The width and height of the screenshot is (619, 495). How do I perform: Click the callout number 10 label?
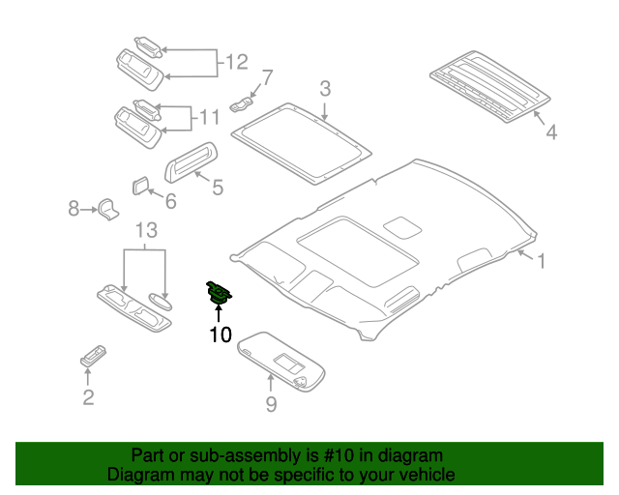[x=220, y=335]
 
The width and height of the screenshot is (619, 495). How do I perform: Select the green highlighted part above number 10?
[x=220, y=292]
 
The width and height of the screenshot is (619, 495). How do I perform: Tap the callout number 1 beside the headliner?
[x=542, y=261]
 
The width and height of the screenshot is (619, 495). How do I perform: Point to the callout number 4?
[x=551, y=132]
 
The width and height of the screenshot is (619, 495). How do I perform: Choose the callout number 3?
[x=326, y=89]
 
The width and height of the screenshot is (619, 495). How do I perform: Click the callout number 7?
[x=267, y=77]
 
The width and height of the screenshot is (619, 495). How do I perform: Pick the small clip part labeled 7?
[x=242, y=101]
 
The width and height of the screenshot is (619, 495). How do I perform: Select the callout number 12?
[x=237, y=63]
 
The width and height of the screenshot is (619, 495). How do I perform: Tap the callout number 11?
[x=209, y=120]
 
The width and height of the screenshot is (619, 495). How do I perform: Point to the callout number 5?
[x=218, y=187]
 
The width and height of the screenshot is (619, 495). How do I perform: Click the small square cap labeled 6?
[x=138, y=184]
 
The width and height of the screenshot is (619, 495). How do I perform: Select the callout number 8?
[x=74, y=207]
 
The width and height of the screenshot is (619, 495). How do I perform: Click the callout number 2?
[x=88, y=396]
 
